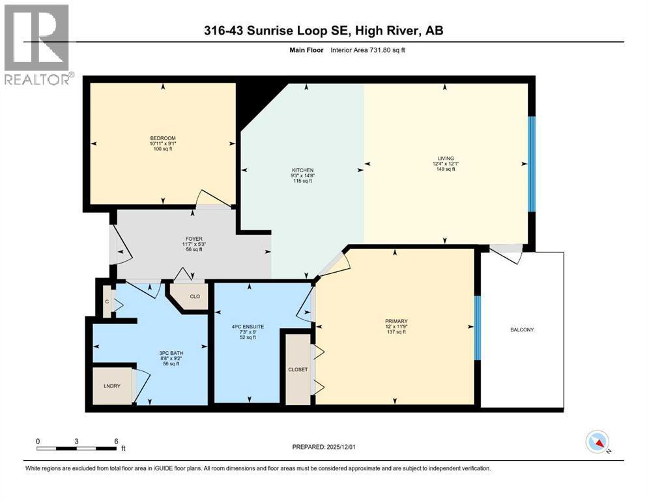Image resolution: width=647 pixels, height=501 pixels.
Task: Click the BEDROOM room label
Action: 163,138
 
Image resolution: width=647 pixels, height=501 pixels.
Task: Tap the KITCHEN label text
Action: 303,170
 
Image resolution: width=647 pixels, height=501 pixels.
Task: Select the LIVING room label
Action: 446,158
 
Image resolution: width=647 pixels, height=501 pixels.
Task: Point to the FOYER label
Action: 194,239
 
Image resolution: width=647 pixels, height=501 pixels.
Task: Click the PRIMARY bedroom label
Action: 397,322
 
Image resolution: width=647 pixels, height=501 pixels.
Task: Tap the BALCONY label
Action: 522,329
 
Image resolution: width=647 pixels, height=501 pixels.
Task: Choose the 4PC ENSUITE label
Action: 248,327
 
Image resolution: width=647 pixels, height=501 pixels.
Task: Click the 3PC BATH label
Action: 171,353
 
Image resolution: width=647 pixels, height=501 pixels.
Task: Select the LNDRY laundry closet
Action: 112,386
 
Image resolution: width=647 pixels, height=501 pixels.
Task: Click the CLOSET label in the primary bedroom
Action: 298,369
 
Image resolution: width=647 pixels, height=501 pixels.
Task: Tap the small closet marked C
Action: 107,302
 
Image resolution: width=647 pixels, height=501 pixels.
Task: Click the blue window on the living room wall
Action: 532,164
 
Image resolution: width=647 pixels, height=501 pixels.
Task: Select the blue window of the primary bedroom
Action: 478,328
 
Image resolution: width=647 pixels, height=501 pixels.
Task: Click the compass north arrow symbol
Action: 597,442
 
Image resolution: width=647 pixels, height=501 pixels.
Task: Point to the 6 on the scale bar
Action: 117,441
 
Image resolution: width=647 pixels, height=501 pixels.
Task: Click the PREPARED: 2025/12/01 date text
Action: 324,447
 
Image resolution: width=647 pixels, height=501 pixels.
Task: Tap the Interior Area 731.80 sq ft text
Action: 367,50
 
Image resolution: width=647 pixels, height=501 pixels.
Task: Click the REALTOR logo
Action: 37,44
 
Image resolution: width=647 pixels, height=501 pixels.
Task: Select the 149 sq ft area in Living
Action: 446,169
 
